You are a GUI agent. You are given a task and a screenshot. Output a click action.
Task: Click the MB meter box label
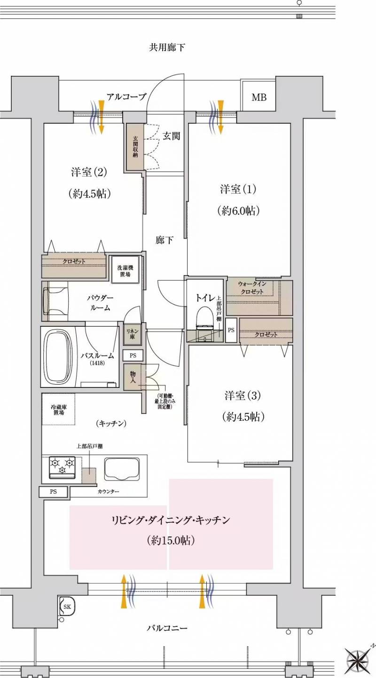point(259,97)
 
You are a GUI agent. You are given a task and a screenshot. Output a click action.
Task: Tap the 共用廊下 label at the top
point(167,47)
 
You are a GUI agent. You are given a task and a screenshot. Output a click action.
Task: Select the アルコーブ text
point(126,97)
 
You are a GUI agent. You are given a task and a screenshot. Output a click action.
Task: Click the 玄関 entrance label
point(171,136)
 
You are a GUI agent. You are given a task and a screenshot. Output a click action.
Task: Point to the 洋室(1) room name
point(238,189)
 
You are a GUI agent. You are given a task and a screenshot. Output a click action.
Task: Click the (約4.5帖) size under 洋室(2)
point(89,193)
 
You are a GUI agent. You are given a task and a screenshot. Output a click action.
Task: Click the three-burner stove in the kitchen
point(63,468)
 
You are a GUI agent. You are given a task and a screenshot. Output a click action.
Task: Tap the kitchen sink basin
point(122,469)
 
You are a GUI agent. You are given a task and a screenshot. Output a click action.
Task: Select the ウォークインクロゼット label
point(252,288)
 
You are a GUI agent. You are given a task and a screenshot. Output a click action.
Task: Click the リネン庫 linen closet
point(132,334)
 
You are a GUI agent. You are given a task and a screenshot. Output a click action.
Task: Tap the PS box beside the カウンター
point(53,491)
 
